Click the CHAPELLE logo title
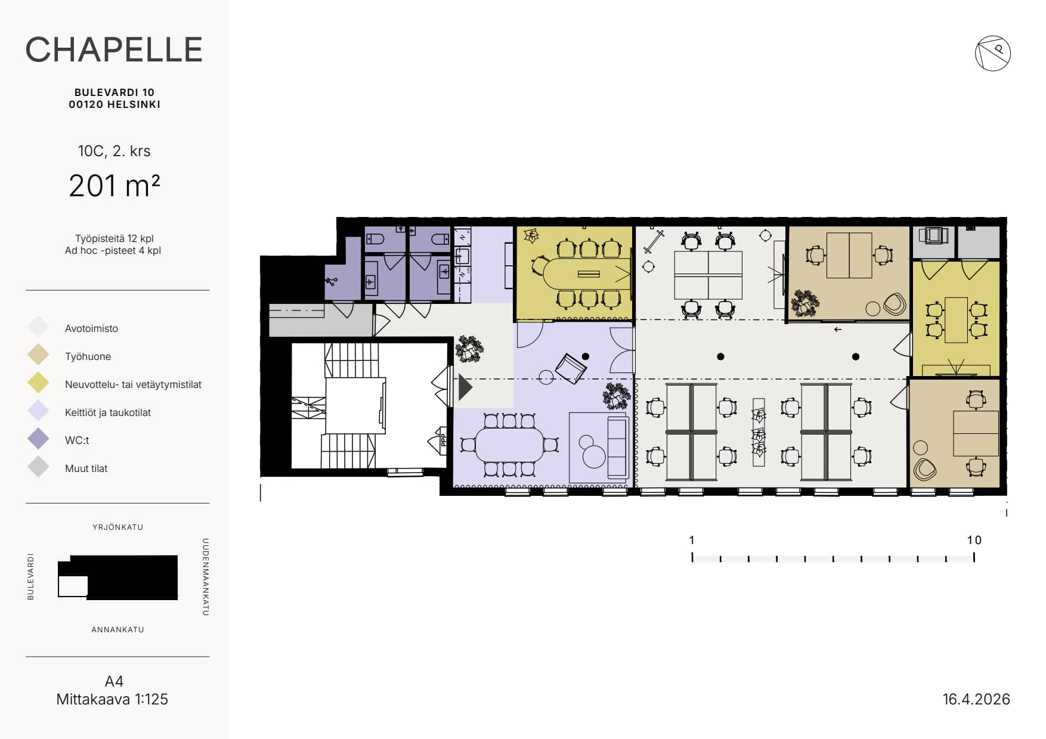[x=114, y=49]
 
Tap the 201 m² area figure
[x=114, y=185]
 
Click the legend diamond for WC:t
[x=38, y=439]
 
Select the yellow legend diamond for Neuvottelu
[x=38, y=383]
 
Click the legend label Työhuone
[x=88, y=356]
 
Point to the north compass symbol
[x=993, y=54]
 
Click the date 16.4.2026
[x=976, y=699]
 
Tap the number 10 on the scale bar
[x=974, y=540]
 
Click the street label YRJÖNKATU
[x=117, y=527]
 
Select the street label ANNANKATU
[x=117, y=629]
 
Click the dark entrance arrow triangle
[x=465, y=388]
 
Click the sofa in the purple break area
[x=617, y=448]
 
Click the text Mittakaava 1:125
[x=112, y=699]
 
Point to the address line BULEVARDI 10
[x=114, y=92]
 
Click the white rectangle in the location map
[x=73, y=586]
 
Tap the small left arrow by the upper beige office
[x=838, y=330]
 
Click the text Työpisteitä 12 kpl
[x=114, y=238]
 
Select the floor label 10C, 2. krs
[x=114, y=151]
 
